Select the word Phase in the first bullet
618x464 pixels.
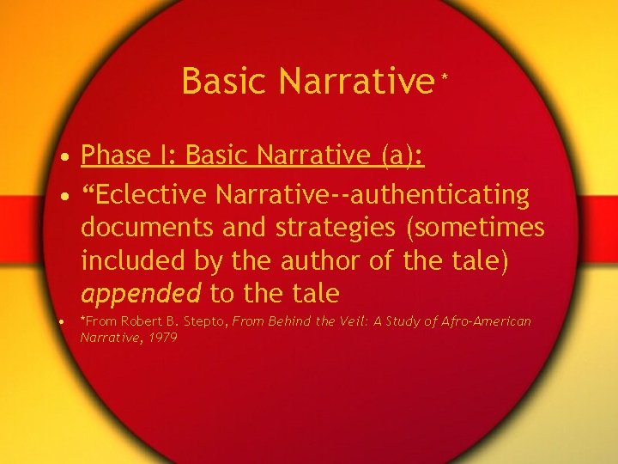tap(116, 156)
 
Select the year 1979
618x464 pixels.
tap(162, 338)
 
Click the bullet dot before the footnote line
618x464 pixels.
tap(65, 322)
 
